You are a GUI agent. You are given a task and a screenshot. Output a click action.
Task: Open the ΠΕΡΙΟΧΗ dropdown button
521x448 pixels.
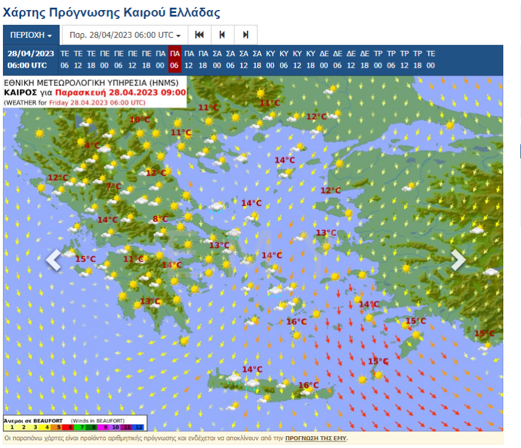point(31,35)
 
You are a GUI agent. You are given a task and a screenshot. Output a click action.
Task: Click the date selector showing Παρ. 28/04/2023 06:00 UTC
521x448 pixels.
point(125,35)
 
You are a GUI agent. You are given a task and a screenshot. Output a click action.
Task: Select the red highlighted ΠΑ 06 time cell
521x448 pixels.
point(174,59)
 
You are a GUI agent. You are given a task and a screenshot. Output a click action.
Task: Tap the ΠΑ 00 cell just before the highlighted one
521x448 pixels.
point(161,59)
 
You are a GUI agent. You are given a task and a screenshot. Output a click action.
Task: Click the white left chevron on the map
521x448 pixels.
point(53,260)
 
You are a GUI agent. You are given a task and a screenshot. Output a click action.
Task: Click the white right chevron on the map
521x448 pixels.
point(458,260)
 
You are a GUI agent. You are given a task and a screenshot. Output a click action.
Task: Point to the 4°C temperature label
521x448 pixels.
point(92,145)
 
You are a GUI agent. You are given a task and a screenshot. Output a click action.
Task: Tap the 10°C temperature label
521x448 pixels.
point(140,120)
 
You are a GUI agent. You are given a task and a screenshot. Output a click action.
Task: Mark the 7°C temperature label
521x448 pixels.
point(113,187)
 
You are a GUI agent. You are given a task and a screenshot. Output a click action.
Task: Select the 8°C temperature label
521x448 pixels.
point(160,219)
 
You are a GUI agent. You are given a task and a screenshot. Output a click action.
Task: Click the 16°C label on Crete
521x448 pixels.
point(308,385)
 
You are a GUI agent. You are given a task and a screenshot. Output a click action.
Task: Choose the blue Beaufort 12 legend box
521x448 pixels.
point(139,427)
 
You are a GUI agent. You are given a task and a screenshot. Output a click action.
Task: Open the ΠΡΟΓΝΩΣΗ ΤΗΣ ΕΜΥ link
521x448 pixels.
point(316,439)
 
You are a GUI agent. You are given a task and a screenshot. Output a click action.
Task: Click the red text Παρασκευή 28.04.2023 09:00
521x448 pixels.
point(121,92)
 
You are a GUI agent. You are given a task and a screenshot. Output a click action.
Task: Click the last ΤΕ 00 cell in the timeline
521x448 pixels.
point(430,59)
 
